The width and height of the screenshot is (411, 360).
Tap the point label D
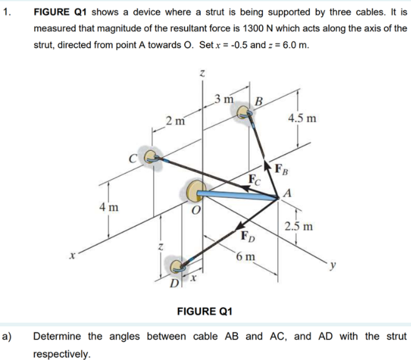(175, 285)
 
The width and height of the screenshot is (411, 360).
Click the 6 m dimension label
(247, 256)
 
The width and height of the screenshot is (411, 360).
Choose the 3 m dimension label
(223, 98)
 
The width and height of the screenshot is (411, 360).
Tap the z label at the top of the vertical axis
(201, 73)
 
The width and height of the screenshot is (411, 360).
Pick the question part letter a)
(8, 336)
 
